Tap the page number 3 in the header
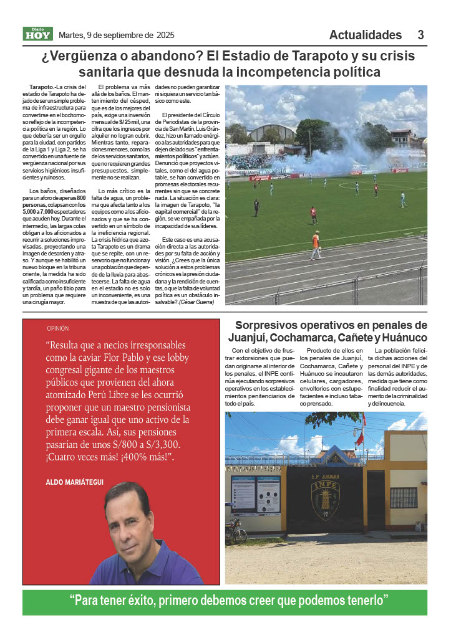pos(421,35)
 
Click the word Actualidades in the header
pos(366,35)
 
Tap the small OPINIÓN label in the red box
pos(57,328)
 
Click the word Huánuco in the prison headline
pos(402,338)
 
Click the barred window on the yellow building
pos(404,497)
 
